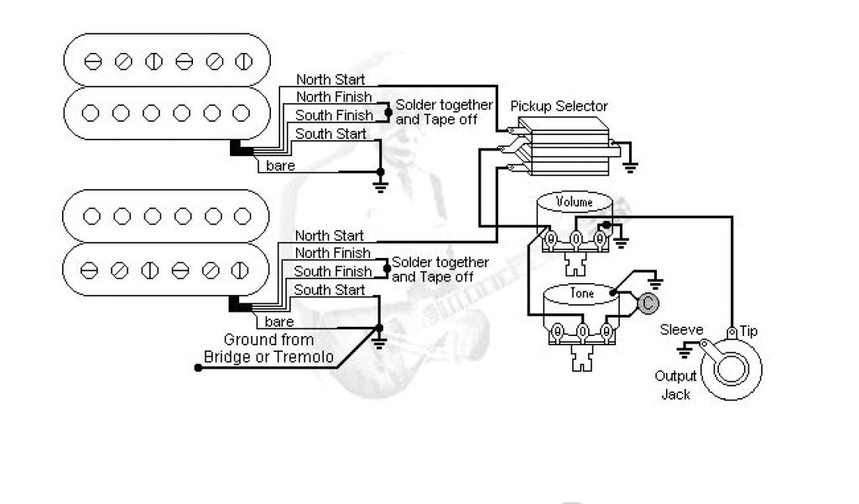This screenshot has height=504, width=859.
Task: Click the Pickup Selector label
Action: tap(559, 107)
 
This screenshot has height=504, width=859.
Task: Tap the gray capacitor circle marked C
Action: tap(645, 302)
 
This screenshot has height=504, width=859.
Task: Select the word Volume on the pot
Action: tap(575, 202)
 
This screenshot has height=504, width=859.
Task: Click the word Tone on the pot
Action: tap(581, 293)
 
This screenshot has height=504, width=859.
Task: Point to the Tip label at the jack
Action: tap(748, 331)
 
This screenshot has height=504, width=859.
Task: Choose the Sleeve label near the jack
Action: tap(681, 330)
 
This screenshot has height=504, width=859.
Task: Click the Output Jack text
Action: tap(676, 385)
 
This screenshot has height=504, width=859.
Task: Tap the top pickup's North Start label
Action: tap(331, 79)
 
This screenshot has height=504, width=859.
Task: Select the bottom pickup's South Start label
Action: tap(330, 290)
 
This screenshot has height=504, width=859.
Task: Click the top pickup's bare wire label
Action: tap(279, 165)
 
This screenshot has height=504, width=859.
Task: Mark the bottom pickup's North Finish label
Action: tap(332, 253)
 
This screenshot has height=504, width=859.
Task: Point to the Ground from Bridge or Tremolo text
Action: tap(268, 349)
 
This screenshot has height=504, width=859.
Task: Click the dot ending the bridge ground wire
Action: tap(198, 368)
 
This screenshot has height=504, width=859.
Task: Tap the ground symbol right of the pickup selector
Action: tap(629, 165)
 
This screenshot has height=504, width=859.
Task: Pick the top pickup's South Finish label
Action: tap(333, 115)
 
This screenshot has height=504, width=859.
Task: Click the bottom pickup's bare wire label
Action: tap(279, 322)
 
